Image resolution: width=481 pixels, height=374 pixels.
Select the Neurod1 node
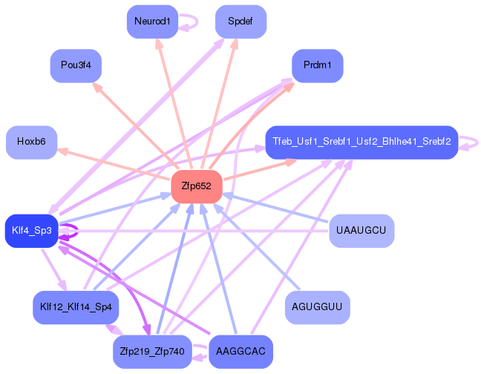coord(152,22)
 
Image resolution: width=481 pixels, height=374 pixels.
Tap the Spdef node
coord(240,22)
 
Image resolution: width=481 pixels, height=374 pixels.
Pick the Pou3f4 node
coord(76,66)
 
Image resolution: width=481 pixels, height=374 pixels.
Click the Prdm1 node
coord(317,66)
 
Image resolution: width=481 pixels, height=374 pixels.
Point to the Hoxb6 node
coord(31,142)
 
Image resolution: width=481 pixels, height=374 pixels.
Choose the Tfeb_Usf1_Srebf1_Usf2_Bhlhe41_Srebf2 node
coord(361,142)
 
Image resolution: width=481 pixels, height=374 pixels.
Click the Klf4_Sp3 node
coord(31,231)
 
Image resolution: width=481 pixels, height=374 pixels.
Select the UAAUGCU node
coord(361,231)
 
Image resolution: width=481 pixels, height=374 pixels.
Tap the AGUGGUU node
coord(317,306)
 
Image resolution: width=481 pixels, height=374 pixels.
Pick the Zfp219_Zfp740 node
coord(152,351)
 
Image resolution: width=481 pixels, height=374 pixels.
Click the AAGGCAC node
coord(240,351)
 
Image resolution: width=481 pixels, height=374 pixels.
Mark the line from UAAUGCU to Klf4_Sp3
coord(200,231)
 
